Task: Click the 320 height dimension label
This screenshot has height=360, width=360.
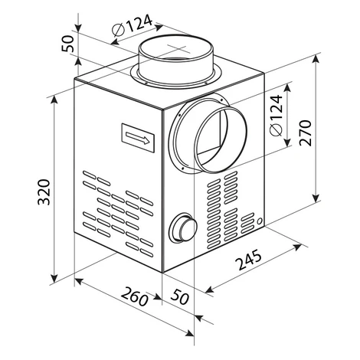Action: click(44, 192)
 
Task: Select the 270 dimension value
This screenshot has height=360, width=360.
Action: click(306, 133)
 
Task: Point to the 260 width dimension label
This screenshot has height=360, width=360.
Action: click(135, 296)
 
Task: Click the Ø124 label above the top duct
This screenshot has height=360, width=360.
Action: click(132, 26)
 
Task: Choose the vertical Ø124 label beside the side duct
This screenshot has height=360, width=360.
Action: click(276, 116)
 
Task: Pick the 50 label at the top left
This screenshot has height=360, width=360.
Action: click(68, 44)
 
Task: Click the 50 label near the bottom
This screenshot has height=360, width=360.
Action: click(180, 296)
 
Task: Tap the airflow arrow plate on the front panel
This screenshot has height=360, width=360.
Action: click(138, 138)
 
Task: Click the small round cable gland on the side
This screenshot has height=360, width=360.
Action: click(183, 227)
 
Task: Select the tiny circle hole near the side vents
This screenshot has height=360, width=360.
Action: click(260, 221)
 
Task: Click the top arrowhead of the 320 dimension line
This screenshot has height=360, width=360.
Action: click(54, 100)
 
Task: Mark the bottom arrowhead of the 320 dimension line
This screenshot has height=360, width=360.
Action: click(54, 278)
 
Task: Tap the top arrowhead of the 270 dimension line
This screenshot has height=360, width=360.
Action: click(316, 59)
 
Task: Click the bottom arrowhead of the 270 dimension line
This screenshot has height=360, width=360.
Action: click(316, 198)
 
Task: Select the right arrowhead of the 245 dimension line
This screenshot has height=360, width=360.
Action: click(298, 247)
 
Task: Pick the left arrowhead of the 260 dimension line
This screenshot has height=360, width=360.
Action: click(79, 281)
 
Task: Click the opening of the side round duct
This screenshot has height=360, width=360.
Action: click(221, 139)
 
